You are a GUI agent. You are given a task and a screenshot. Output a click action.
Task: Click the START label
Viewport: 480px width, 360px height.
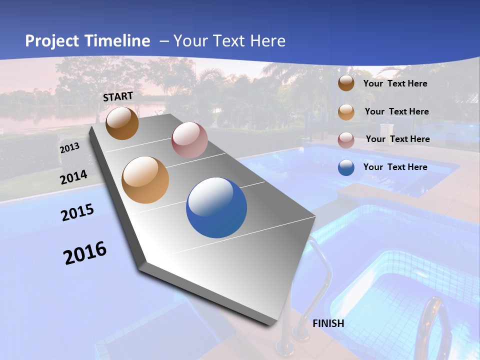118,96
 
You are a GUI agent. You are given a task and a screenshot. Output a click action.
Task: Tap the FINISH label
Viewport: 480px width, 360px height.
328,323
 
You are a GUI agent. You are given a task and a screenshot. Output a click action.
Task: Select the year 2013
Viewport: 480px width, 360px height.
69,148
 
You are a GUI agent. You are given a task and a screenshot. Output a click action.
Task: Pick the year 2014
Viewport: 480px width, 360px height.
74,177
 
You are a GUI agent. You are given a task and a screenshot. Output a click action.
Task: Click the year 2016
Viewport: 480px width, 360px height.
85,253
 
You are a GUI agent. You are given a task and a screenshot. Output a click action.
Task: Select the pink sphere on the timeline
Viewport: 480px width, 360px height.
189,140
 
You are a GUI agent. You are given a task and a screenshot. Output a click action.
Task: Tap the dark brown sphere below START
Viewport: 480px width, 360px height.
122,123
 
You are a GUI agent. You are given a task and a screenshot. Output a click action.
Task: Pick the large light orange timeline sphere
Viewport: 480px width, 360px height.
145,180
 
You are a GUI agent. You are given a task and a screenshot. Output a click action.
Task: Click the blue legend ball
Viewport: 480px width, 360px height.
346,167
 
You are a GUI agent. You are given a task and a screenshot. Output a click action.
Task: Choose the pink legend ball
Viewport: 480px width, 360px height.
346,140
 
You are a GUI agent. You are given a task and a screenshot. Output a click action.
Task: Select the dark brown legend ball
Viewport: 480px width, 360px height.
346,83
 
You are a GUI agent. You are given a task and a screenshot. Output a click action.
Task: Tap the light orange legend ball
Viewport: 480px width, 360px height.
346,112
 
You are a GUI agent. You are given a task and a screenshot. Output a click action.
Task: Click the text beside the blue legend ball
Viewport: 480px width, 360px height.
395,167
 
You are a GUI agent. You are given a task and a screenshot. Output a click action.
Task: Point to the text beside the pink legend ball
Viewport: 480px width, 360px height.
398,139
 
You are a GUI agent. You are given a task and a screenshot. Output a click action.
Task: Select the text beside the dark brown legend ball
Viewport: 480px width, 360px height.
395,83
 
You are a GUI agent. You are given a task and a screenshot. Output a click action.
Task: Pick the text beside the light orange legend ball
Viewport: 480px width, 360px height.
397,111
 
